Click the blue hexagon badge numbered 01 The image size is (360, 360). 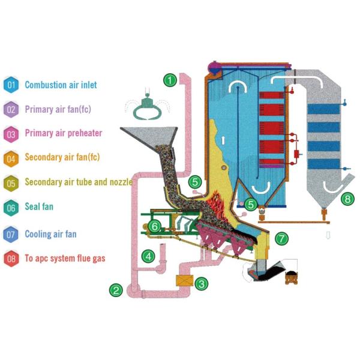click(x=11, y=85)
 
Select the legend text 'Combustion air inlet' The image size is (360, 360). click(x=61, y=85)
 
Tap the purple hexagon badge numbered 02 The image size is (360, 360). click(x=11, y=110)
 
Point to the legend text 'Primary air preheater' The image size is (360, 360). click(x=64, y=133)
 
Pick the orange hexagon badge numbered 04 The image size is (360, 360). click(x=11, y=158)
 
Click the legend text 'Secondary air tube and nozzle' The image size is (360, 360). click(x=79, y=182)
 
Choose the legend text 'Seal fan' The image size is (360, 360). click(x=39, y=207)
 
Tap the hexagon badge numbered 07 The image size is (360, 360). click(x=11, y=234)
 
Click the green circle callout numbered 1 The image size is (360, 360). click(x=170, y=79)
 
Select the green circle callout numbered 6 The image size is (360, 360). click(x=155, y=226)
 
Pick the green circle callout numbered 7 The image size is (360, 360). click(x=281, y=238)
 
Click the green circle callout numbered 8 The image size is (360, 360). click(x=346, y=198)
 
